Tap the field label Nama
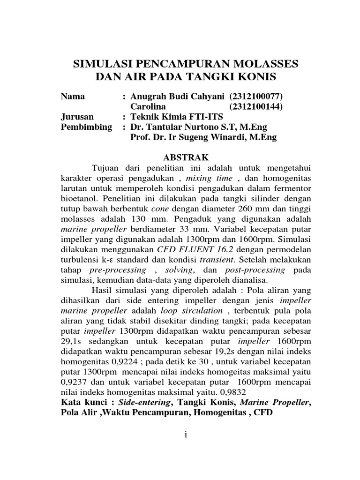pyautogui.click(x=73, y=97)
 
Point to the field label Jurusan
pyautogui.click(x=77, y=117)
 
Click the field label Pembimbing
pyautogui.click(x=87, y=127)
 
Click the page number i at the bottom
pyautogui.click(x=186, y=435)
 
